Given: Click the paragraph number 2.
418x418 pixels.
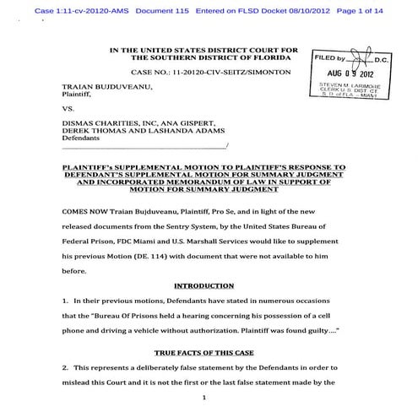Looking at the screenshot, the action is pyautogui.click(x=64, y=369).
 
